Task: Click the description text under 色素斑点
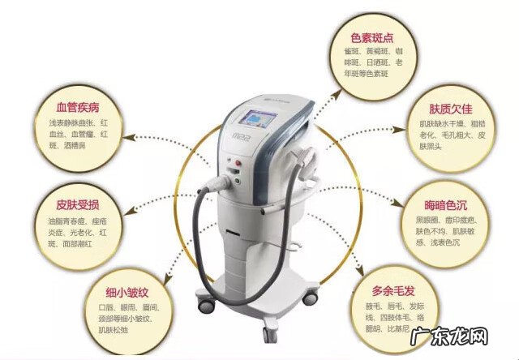pos(372,61)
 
